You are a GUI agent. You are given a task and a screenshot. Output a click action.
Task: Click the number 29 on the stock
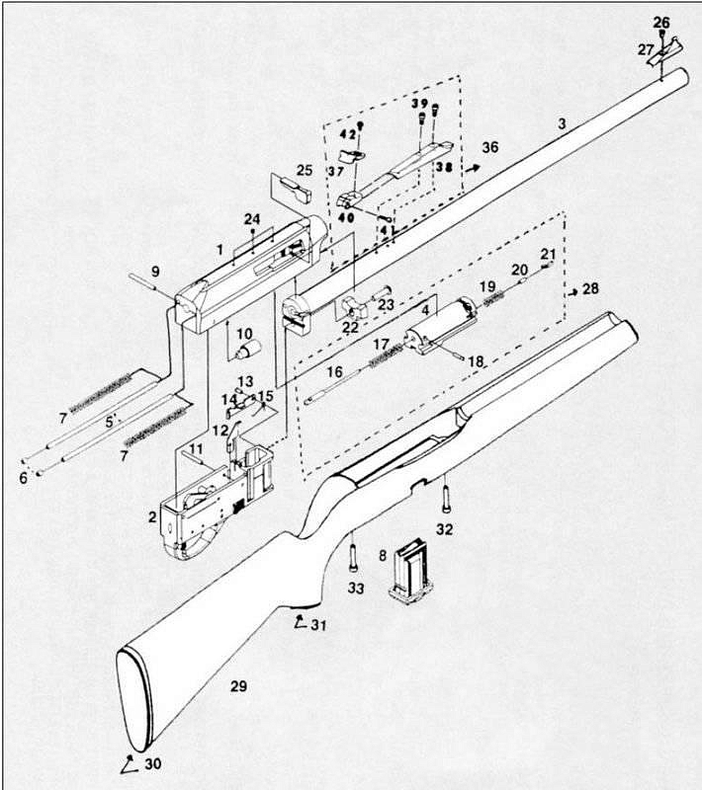point(237,685)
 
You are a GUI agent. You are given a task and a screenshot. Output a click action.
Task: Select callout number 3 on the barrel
point(562,123)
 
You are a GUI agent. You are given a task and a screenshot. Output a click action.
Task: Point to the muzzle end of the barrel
point(677,76)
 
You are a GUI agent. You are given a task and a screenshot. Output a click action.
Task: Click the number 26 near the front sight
point(661,22)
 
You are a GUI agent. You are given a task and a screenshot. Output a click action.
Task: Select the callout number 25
point(305,170)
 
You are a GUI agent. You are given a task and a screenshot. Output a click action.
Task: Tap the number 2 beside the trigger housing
point(152,516)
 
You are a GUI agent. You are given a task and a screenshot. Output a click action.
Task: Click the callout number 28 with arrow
point(590,288)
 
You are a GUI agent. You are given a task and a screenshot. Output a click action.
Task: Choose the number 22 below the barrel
point(352,326)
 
